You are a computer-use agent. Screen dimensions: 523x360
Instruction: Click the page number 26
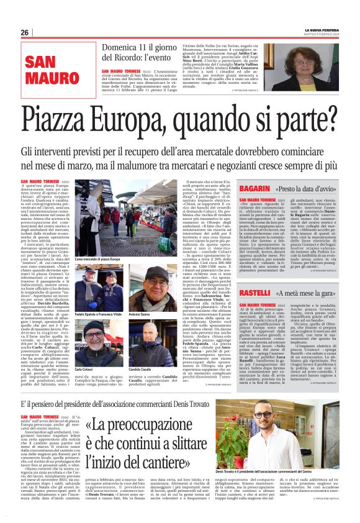(25, 32)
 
